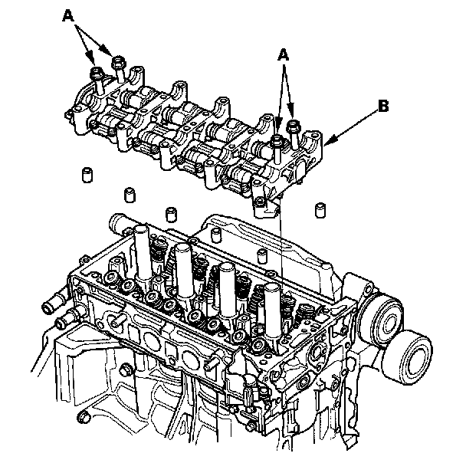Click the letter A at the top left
(68, 16)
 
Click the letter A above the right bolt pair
(284, 55)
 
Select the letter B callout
(383, 106)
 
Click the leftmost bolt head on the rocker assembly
(97, 72)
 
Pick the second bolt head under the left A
(118, 61)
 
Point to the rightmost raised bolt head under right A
(293, 126)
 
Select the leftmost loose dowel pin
(87, 176)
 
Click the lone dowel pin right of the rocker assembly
(320, 210)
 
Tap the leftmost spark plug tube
(143, 252)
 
